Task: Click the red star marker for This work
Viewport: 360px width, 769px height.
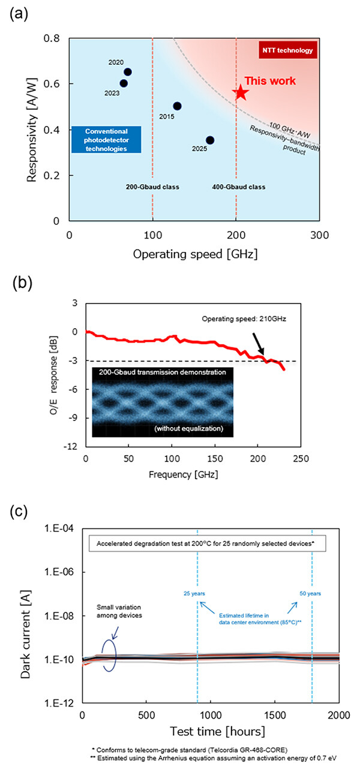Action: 241,92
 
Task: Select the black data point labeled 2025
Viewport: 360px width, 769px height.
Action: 210,140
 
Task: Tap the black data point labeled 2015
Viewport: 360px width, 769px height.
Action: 177,106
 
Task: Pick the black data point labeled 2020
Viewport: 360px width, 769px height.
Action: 127,72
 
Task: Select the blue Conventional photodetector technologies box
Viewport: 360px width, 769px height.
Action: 106,139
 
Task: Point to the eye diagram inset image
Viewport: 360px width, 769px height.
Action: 162,401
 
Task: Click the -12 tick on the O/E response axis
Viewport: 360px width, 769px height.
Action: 70,447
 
